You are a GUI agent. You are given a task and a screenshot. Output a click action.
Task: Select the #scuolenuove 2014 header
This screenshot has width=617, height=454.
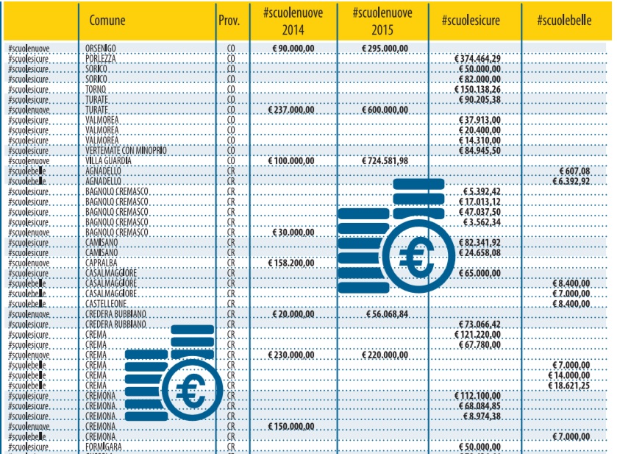(x=293, y=21)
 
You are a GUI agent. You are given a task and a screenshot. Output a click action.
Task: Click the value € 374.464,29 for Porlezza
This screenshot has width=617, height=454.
(x=478, y=58)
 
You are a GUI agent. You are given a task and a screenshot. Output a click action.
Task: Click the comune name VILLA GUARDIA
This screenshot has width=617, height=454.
(x=108, y=160)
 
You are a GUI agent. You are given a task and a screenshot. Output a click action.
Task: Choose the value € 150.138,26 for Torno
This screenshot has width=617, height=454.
(x=478, y=89)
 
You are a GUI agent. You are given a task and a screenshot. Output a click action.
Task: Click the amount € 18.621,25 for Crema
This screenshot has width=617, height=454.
(x=568, y=386)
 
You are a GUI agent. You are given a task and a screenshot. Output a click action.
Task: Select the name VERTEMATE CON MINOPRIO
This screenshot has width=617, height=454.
(x=126, y=150)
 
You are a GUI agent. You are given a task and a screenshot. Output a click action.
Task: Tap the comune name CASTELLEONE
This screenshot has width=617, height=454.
(x=106, y=303)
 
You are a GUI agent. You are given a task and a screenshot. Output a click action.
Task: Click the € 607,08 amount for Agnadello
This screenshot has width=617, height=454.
(x=574, y=171)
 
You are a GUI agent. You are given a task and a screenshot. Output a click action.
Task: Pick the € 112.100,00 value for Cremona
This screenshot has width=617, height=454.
(x=479, y=396)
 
